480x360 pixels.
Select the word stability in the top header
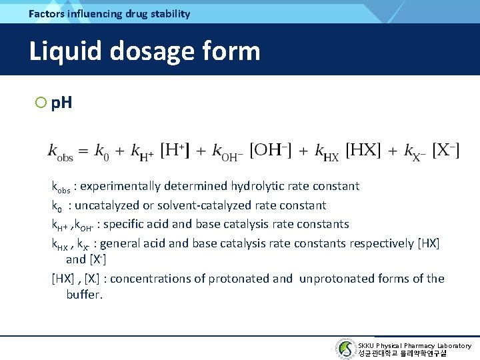(167, 13)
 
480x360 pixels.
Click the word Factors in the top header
(47, 13)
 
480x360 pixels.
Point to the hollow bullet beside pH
(41, 103)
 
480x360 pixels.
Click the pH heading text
(61, 103)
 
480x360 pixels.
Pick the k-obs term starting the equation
(60, 152)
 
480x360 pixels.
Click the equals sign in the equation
(83, 151)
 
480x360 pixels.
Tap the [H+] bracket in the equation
(175, 150)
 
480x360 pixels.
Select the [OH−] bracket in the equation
(271, 150)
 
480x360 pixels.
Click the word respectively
(380, 243)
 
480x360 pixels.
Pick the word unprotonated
(333, 279)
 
